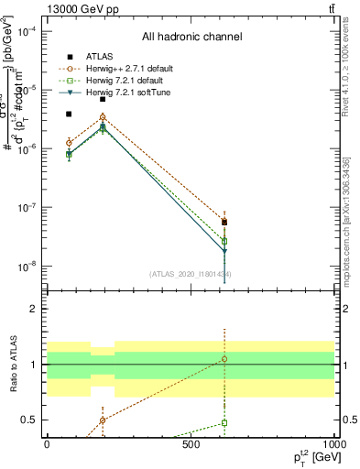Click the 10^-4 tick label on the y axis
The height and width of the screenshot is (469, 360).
point(27,31)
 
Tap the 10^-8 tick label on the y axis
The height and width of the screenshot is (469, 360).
point(27,267)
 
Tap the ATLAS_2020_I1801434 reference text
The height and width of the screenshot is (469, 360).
point(191,274)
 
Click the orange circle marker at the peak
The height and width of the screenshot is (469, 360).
point(103,117)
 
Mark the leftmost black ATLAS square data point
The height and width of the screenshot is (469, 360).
point(69,115)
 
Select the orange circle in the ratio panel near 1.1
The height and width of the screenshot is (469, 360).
point(224,359)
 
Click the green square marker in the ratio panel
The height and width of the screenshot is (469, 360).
point(224,423)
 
